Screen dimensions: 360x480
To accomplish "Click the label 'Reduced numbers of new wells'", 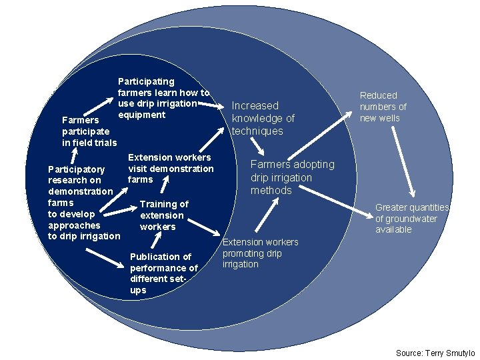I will [x=383, y=107].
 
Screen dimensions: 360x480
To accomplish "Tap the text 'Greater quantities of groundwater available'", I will [x=412, y=218].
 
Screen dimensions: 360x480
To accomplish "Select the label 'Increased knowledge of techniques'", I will [x=263, y=118].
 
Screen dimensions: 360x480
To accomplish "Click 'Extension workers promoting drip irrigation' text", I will [x=260, y=253].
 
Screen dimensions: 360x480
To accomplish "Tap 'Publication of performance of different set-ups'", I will [x=163, y=273].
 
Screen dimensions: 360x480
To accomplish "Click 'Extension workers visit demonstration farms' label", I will [x=170, y=168].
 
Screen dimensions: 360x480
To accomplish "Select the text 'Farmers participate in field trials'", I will [x=89, y=131].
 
